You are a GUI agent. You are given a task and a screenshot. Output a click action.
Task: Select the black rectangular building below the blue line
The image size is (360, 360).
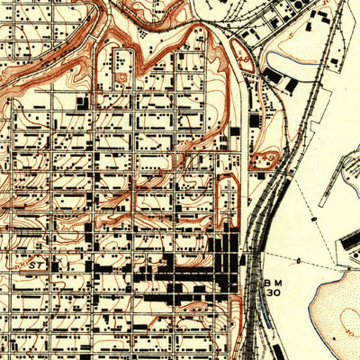pos(288,85)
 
